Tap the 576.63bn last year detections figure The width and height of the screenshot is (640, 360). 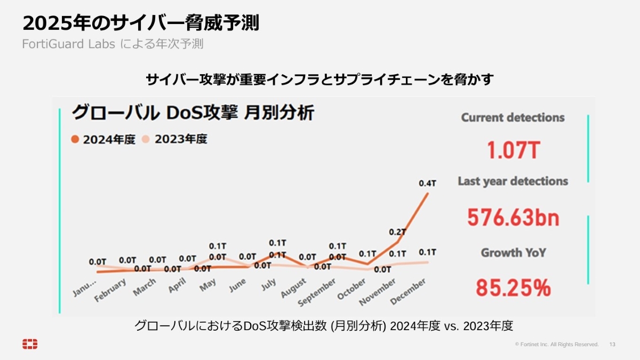point(513,217)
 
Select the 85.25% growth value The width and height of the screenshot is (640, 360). point(513,288)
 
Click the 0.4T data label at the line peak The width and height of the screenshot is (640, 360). point(427,183)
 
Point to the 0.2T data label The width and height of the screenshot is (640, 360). point(397,232)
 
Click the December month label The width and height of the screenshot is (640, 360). point(408,291)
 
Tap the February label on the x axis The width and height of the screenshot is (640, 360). point(110,291)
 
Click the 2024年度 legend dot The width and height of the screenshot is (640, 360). point(75,139)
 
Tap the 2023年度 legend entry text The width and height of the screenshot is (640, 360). point(181,139)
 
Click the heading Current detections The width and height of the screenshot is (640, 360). point(513,117)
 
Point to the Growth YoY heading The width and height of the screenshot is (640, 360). point(513,252)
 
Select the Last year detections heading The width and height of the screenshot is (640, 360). point(513,181)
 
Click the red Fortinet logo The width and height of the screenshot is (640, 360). point(30,344)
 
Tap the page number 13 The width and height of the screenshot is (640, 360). point(612,345)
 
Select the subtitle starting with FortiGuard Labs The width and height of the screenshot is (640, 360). point(113,44)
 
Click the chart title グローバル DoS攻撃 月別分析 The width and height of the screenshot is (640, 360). point(193,113)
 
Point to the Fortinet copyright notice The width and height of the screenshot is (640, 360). point(557,345)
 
